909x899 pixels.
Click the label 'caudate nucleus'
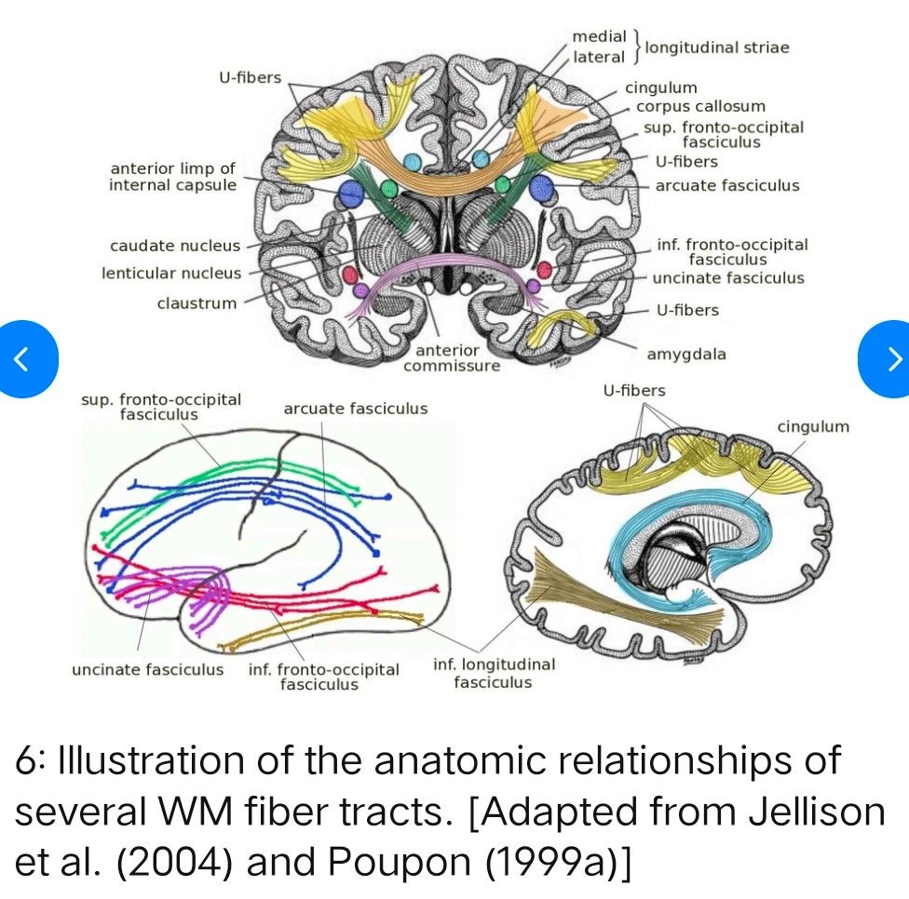click(175, 247)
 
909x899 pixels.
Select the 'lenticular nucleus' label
click(171, 274)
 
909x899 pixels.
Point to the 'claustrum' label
click(197, 302)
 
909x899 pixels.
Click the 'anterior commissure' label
click(452, 358)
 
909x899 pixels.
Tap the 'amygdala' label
click(686, 355)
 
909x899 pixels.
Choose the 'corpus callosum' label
click(700, 106)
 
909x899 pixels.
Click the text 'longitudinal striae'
click(717, 47)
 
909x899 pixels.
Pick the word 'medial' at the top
click(600, 36)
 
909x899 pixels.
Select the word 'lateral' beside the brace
click(599, 57)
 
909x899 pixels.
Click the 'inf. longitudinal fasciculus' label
click(494, 674)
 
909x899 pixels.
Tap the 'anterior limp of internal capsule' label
click(172, 177)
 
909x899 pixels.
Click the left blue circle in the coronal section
click(351, 194)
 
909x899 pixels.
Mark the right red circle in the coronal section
click(544, 271)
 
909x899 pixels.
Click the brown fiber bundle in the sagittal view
click(596, 596)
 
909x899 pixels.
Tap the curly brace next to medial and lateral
click(636, 47)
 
